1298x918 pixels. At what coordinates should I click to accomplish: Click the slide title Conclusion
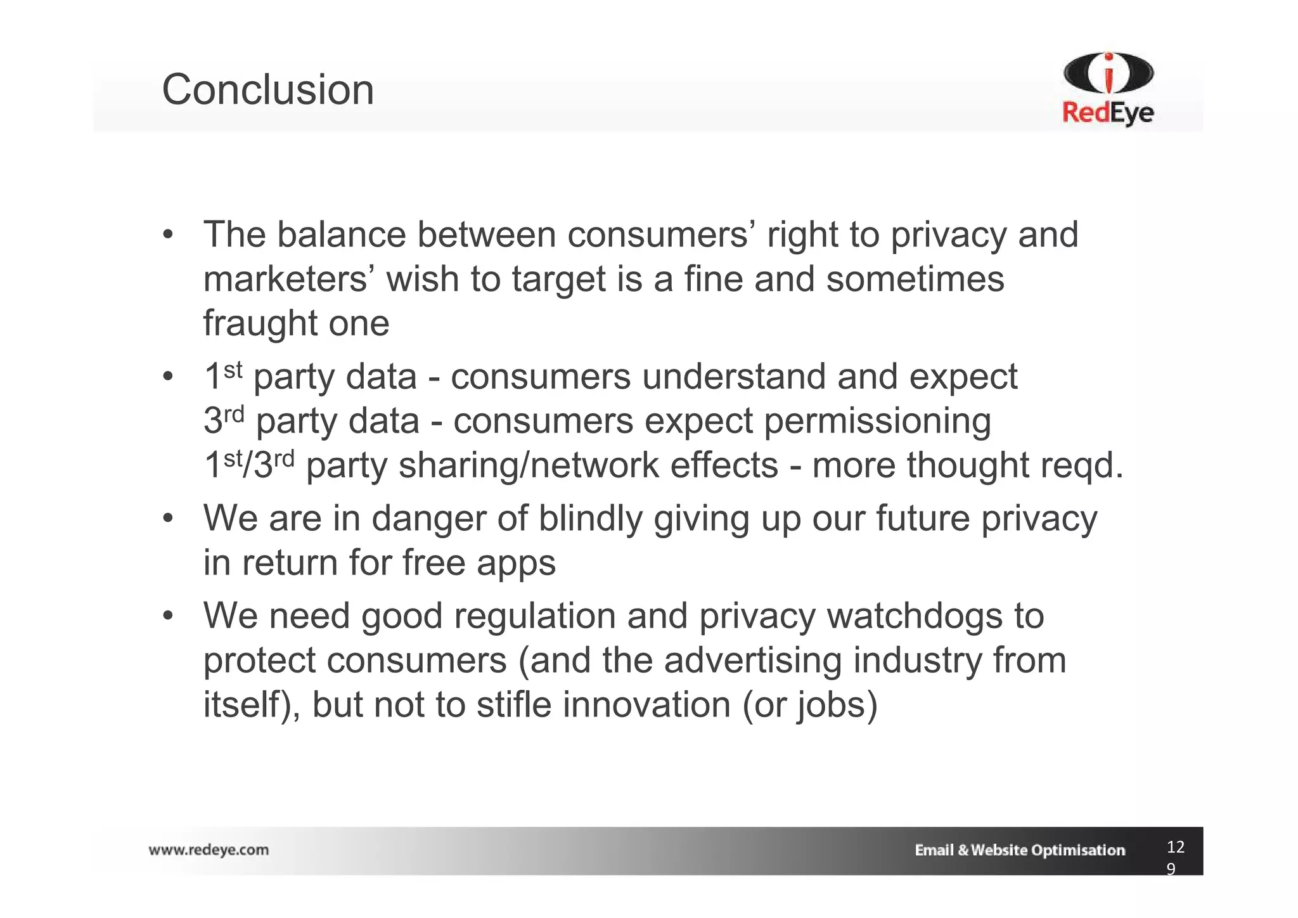[x=267, y=89]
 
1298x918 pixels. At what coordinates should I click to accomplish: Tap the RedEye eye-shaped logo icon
[x=1108, y=74]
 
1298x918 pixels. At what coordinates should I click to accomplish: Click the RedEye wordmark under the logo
[x=1108, y=113]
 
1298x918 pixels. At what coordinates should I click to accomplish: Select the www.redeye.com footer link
[x=209, y=850]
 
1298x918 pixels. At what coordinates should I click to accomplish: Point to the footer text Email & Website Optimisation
[x=1020, y=850]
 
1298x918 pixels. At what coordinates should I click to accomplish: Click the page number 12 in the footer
[x=1175, y=847]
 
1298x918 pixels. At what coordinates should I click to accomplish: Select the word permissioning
[x=877, y=421]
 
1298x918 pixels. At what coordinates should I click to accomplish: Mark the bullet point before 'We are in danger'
[x=167, y=519]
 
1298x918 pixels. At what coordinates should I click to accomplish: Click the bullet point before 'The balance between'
[x=167, y=235]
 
